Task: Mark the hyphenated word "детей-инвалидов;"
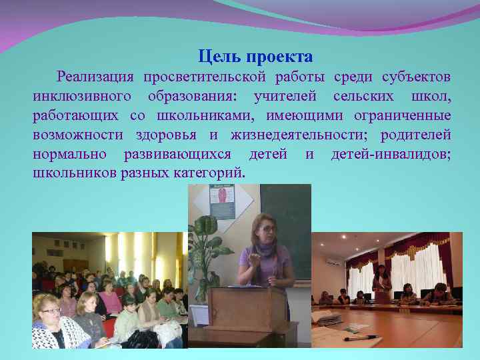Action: pyautogui.click(x=391, y=155)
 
